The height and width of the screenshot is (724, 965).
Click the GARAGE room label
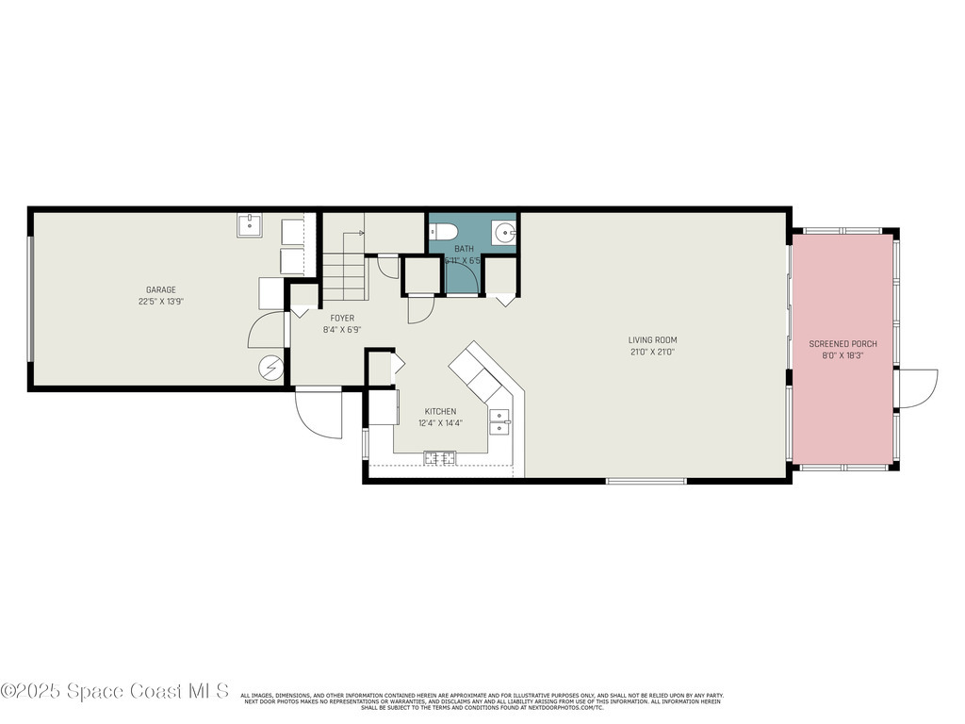(x=160, y=289)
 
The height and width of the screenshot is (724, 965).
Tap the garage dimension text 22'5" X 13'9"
(x=160, y=302)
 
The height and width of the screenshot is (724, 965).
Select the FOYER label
(x=342, y=319)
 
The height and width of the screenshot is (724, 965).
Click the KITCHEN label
(x=440, y=411)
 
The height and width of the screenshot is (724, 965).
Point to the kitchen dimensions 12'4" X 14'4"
(x=440, y=423)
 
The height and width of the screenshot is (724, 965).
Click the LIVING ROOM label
(x=653, y=340)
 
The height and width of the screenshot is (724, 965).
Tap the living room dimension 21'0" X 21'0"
(x=653, y=352)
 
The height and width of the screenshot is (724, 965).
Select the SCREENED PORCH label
(x=842, y=344)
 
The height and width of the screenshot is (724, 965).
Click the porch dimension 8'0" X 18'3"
(x=842, y=356)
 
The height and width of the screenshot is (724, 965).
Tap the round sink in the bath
(x=504, y=233)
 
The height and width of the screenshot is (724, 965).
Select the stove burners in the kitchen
(x=440, y=459)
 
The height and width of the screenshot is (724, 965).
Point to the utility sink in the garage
(x=250, y=226)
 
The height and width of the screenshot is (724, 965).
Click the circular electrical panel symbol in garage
(x=272, y=368)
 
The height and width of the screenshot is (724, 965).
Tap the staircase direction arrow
(x=358, y=231)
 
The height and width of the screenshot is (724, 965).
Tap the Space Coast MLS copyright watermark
(x=115, y=691)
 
